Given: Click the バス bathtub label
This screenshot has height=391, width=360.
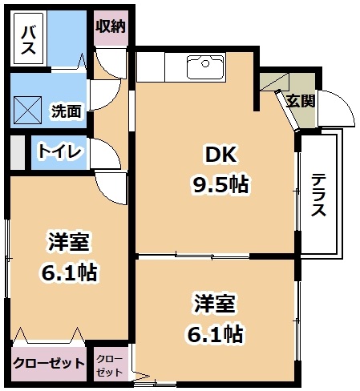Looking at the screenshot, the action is pyautogui.click(x=28, y=40).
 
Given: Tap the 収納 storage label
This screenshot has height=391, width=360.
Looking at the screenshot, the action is pyautogui.click(x=111, y=26).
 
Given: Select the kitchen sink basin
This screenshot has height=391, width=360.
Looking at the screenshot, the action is pyautogui.click(x=205, y=67).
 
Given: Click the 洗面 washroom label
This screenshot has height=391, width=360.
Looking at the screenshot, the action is pyautogui.click(x=67, y=111).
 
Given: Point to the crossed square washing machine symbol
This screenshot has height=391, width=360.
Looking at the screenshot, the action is pyautogui.click(x=28, y=110).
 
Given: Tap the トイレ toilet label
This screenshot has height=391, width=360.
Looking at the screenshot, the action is pyautogui.click(x=59, y=151).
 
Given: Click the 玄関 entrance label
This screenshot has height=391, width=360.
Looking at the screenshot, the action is pyautogui.click(x=301, y=101).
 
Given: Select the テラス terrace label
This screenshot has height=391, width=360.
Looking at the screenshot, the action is pyautogui.click(x=318, y=195).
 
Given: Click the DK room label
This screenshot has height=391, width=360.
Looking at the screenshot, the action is pyautogui.click(x=220, y=155).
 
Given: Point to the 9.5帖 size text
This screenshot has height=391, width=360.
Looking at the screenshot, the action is pyautogui.click(x=220, y=185).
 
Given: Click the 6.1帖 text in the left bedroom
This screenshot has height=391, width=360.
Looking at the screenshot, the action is pyautogui.click(x=69, y=272).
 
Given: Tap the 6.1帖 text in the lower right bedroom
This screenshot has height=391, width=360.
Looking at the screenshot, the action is pyautogui.click(x=215, y=334).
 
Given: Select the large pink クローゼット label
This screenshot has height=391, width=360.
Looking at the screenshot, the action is pyautogui.click(x=49, y=363).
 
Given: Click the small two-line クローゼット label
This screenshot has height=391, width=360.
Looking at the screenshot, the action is pyautogui.click(x=109, y=365).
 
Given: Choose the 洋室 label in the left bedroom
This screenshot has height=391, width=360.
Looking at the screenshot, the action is pyautogui.click(x=68, y=242).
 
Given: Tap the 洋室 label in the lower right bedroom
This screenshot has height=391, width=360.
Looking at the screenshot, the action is pyautogui.click(x=215, y=304).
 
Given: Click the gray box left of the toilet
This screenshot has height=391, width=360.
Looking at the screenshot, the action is pyautogui.click(x=18, y=152).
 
